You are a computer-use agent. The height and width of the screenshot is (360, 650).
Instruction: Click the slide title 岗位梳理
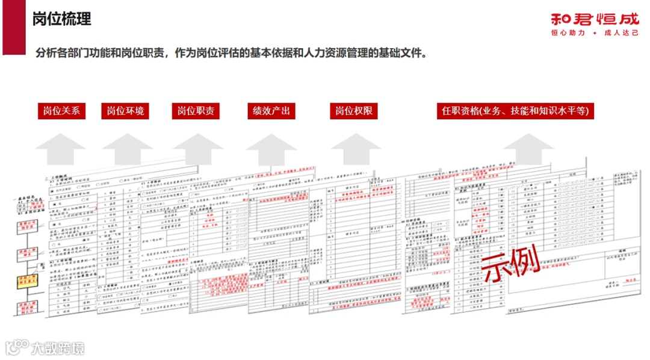pos(61,19)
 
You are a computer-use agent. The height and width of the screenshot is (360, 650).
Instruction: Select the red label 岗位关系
pos(61,111)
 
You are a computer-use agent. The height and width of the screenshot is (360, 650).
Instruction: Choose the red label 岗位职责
pos(196,111)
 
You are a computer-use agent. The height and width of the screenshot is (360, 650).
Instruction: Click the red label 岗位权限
pos(353,111)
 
